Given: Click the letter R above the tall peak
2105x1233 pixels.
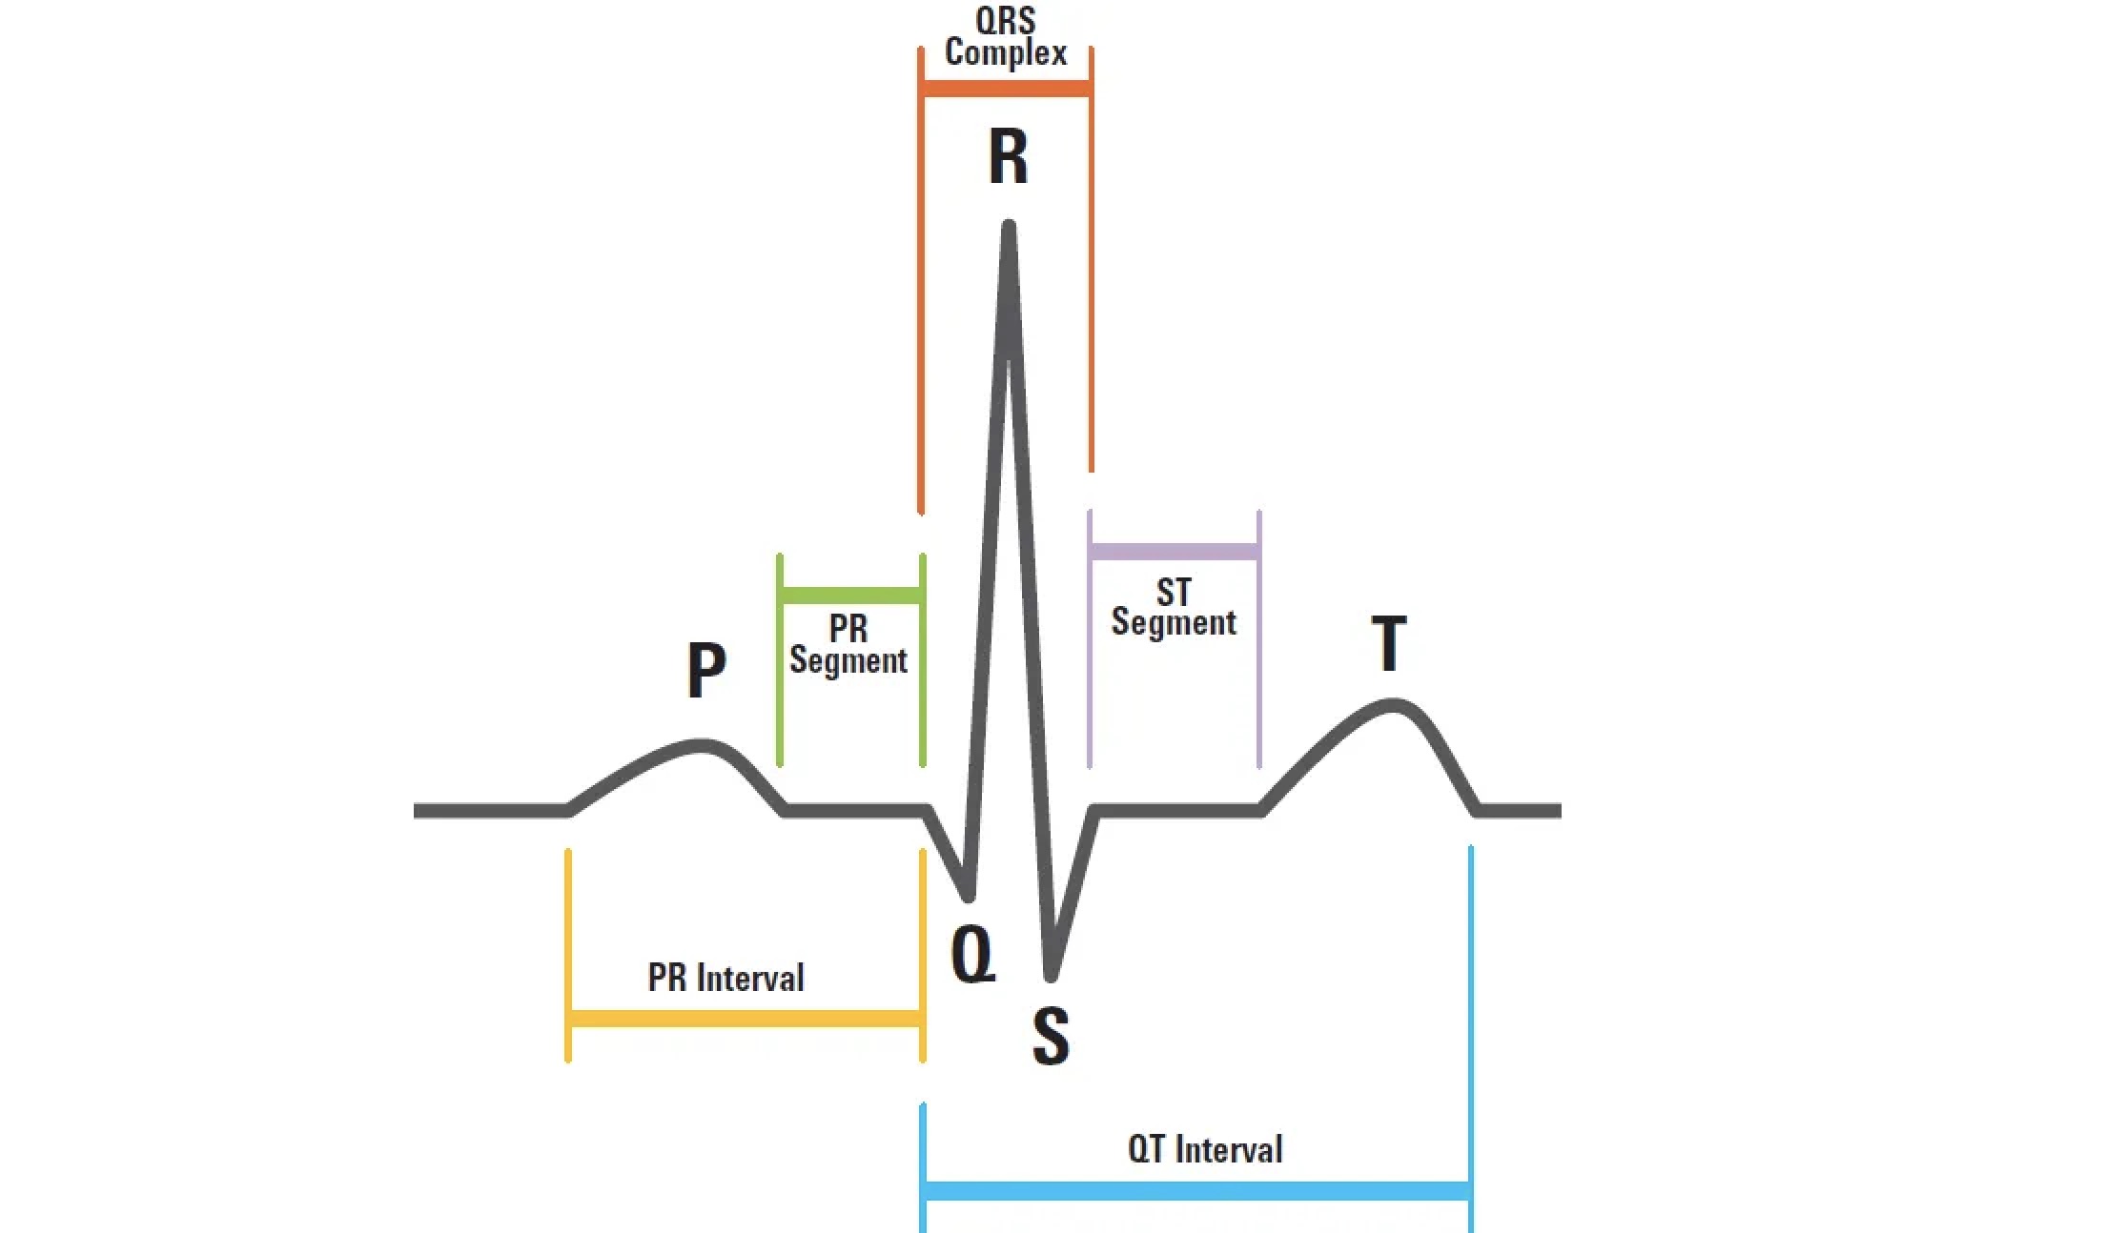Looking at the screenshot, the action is coord(1008,157).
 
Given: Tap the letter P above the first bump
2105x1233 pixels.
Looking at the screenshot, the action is coord(706,670).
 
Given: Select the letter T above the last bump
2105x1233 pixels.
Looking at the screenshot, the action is coord(1389,643).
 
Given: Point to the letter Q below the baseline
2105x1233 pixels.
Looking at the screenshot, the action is coord(973,955).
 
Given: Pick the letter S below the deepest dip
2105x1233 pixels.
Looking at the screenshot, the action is coord(1051,1036).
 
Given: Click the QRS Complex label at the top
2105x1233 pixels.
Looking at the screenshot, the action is coord(1006,37).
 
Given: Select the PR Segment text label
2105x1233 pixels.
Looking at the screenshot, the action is coord(848,645).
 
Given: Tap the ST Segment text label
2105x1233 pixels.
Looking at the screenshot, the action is coord(1174,608).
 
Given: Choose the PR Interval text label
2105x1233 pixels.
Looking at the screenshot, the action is coord(726,978).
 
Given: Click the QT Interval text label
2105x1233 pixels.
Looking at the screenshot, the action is coord(1205,1149).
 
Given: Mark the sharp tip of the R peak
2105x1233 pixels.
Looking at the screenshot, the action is coord(1009,226).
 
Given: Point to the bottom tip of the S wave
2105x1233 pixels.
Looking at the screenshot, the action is coord(1050,976).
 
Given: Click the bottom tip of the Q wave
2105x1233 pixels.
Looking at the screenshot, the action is coord(970,896).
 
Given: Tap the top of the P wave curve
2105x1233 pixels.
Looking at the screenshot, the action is coord(702,744).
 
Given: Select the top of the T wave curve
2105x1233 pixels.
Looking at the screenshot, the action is coord(1393,705).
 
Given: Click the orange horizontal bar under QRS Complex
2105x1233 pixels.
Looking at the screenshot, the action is coord(1006,90).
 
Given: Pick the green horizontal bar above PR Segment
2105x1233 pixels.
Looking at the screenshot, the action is coord(851,596).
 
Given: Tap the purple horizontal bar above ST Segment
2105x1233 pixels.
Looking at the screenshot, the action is coord(1175,552).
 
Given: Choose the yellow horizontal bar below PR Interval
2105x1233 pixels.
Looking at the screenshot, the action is coord(746,1020).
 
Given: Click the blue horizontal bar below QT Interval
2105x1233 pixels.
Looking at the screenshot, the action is coord(1197,1191).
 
